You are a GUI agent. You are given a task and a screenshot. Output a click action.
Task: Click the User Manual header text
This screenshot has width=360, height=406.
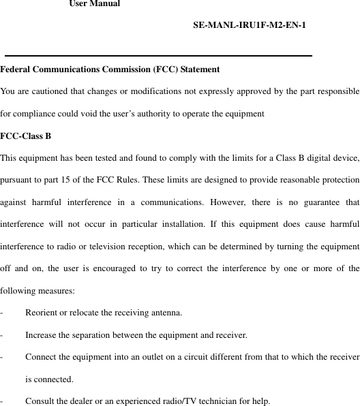coord(95,4)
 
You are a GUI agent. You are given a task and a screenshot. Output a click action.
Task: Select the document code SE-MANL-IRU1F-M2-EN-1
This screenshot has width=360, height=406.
coord(249,26)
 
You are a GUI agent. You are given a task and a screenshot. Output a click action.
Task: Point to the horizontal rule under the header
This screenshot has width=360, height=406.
coord(158,55)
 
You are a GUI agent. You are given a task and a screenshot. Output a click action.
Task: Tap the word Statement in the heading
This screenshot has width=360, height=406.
coord(200,69)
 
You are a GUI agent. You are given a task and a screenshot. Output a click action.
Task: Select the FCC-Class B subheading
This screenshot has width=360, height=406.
coord(26,136)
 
